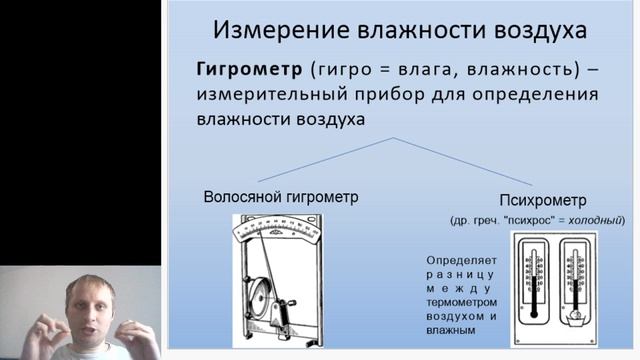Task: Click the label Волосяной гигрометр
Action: pyautogui.click(x=280, y=197)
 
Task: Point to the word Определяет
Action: pyautogui.click(x=461, y=257)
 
